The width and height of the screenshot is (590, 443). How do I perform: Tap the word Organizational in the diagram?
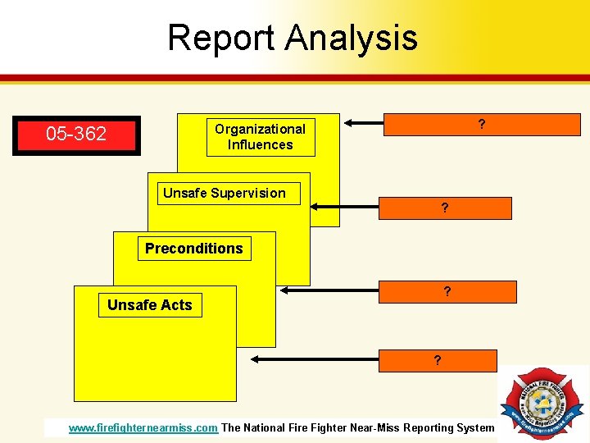260,129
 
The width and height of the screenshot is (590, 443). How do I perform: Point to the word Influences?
260,145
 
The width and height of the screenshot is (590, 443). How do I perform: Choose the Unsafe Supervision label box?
228,194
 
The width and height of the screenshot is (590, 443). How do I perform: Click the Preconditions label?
194,249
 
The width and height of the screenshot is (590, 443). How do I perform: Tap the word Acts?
176,305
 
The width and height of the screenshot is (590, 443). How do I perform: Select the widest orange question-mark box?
481,125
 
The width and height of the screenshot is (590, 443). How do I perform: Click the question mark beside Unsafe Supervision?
444,208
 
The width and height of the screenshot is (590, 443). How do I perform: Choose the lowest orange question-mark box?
438,361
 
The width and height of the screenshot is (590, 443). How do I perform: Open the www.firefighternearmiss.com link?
143,427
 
